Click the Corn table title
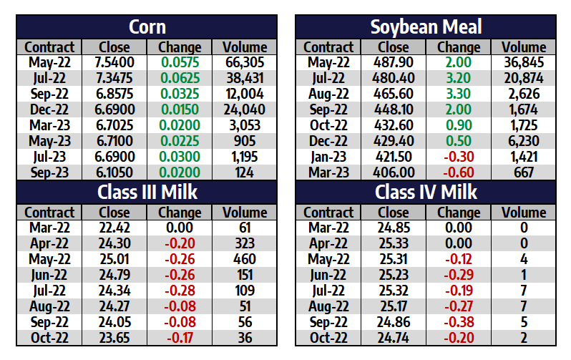pos(147,27)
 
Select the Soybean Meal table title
pos(426,27)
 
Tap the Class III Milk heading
pos(147,192)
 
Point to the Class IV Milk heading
pos(426,192)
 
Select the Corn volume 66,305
pos(245,63)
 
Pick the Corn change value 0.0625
pos(180,79)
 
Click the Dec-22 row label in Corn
pos(49,110)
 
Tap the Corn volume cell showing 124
pos(245,172)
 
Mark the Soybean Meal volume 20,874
pos(524,79)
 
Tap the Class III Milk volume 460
pos(245,259)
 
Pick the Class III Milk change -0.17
pos(180,337)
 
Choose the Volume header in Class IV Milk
pos(524,213)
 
